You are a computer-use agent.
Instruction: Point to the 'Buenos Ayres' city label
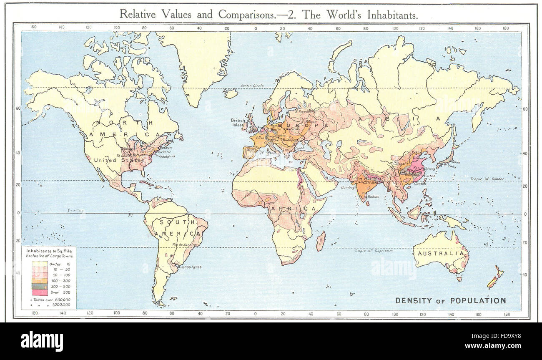tap(190, 267)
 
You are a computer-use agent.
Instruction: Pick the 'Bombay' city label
tap(347, 187)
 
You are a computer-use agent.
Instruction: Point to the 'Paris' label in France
tap(260, 137)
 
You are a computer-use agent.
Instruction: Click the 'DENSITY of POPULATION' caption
tap(450, 300)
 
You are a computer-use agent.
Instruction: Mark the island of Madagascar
tap(320, 241)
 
